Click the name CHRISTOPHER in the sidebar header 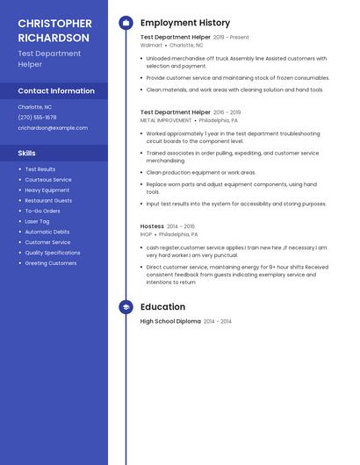point(54,23)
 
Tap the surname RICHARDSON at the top point(54,38)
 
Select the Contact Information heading point(56,90)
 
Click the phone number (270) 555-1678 point(37,117)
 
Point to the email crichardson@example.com point(53,127)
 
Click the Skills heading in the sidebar point(26,153)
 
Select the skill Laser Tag point(37,221)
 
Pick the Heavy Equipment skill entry point(47,190)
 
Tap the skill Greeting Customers point(51,263)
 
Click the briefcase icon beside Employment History point(126,23)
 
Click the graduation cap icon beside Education point(126,307)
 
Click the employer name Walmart point(151,45)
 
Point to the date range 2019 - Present point(231,38)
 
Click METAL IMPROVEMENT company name point(166,120)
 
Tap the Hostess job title point(152,225)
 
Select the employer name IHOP point(147,234)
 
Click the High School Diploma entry point(170,321)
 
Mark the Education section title point(162,307)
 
